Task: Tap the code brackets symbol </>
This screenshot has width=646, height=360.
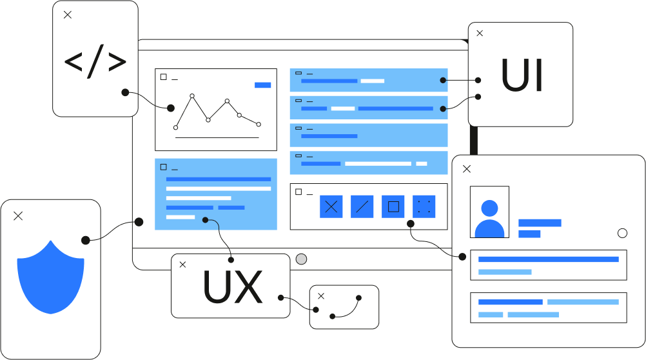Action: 95,62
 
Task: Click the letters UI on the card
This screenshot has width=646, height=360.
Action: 522,76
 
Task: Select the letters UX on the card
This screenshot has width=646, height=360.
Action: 232,288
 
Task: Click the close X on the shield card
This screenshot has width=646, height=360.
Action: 18,216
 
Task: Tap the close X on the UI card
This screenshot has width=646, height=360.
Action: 479,34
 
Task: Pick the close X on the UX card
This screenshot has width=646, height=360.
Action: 182,265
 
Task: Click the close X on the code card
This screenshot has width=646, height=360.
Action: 68,15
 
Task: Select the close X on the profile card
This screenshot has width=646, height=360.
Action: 467,169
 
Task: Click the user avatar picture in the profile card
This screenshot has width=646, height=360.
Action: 489,212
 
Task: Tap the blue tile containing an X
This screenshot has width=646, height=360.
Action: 331,206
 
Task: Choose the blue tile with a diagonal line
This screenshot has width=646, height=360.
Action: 362,206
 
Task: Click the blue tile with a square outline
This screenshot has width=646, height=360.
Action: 393,206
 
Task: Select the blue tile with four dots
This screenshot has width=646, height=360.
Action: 424,206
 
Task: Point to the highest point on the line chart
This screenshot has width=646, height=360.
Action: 192,96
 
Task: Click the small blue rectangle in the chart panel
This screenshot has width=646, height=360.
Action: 262,85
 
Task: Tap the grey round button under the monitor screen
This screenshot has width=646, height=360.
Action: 301,259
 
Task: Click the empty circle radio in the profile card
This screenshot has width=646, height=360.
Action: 622,234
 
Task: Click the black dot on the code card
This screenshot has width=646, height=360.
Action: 125,92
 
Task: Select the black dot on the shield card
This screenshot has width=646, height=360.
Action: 85,240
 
